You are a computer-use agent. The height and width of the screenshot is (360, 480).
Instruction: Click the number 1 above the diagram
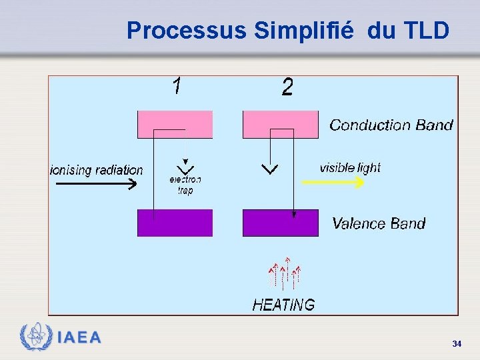pos(177,86)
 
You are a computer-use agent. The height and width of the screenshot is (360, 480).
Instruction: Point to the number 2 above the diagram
pos(287,87)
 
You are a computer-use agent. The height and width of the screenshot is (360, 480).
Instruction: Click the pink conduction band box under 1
pos(175,124)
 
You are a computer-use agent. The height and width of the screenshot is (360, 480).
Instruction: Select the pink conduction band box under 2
pos(280,124)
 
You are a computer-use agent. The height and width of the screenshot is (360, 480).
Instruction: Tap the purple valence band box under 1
pos(175,223)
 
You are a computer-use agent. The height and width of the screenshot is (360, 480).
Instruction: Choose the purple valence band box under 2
pos(280,223)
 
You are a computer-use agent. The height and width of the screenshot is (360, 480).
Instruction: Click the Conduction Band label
pos(391,125)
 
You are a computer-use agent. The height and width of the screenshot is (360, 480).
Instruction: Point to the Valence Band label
pos(378,223)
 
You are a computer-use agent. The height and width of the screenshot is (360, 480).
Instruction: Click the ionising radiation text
pos(97,170)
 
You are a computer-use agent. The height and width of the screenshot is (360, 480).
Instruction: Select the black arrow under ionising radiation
pos(93,185)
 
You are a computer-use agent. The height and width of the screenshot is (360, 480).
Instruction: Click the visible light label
pos(350,167)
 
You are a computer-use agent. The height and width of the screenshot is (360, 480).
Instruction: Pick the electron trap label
pos(185,185)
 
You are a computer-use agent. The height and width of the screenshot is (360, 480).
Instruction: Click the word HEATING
pos(283,305)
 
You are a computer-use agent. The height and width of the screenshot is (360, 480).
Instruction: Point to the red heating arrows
pos(284,273)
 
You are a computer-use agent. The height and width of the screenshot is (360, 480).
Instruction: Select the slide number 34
pos(457,343)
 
